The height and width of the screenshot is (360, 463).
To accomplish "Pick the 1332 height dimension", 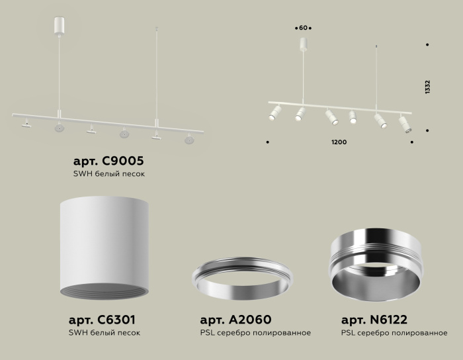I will [428, 88].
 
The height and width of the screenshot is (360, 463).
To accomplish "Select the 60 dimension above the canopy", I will [304, 28].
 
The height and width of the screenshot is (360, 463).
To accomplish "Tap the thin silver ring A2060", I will [242, 281].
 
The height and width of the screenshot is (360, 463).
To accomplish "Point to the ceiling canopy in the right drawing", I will [304, 44].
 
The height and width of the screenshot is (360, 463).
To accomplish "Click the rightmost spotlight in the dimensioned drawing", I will [405, 124].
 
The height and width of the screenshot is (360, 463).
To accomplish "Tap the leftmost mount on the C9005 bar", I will [26, 123].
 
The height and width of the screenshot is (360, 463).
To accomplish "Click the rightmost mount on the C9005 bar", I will [190, 139].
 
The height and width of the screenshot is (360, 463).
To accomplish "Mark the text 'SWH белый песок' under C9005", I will [108, 174].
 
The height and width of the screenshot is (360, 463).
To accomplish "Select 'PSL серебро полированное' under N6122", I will [394, 333].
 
